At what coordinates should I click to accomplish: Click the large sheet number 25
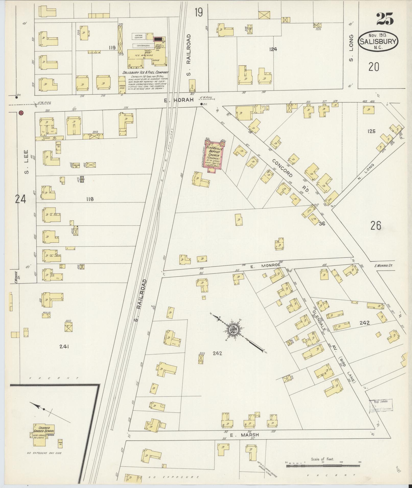(x=385, y=19)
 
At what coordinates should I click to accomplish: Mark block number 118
(x=90, y=199)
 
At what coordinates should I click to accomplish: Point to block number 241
(x=64, y=346)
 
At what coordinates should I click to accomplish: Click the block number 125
(x=371, y=131)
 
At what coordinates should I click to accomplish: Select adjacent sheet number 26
(x=376, y=226)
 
